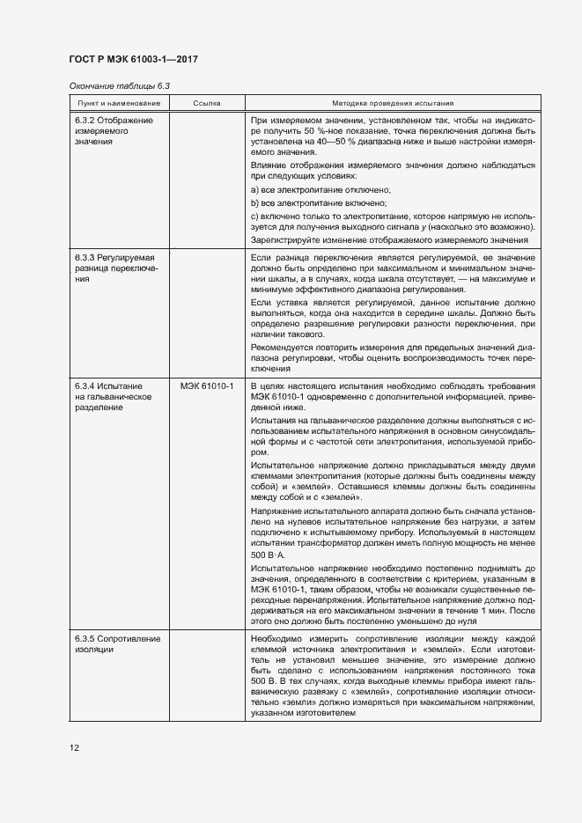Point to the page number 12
[75, 747]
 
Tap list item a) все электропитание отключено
[320, 190]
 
